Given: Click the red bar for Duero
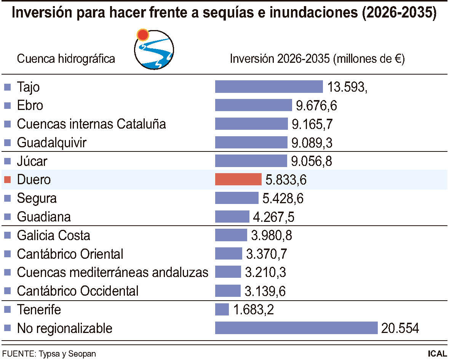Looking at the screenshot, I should [238, 179].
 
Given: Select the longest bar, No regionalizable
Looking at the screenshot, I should [296, 328].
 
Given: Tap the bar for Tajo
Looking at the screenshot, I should [269, 86].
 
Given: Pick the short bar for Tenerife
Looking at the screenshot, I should [222, 309].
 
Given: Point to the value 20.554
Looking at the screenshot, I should [400, 328].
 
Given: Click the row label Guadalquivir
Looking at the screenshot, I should [52, 143].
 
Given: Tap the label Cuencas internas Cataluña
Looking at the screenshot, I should [91, 124].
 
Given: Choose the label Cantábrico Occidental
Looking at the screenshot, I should [78, 291].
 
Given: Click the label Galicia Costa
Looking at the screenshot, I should [54, 235].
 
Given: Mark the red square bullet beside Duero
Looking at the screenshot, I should [7, 180].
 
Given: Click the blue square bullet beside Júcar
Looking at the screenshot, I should [7, 161].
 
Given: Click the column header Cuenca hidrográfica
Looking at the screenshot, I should [66, 59].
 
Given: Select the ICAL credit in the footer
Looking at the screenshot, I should [437, 354].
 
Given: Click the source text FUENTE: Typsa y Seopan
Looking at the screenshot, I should [49, 354].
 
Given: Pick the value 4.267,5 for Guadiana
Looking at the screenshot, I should [274, 217].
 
